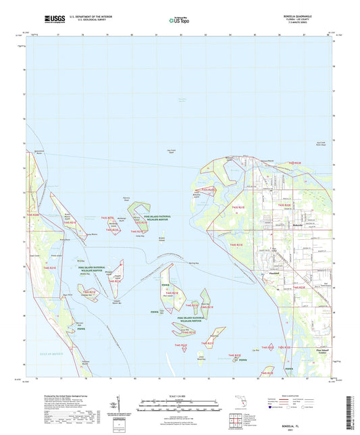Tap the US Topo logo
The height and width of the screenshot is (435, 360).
[x=178, y=20]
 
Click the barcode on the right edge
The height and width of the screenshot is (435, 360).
[x=353, y=406]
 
